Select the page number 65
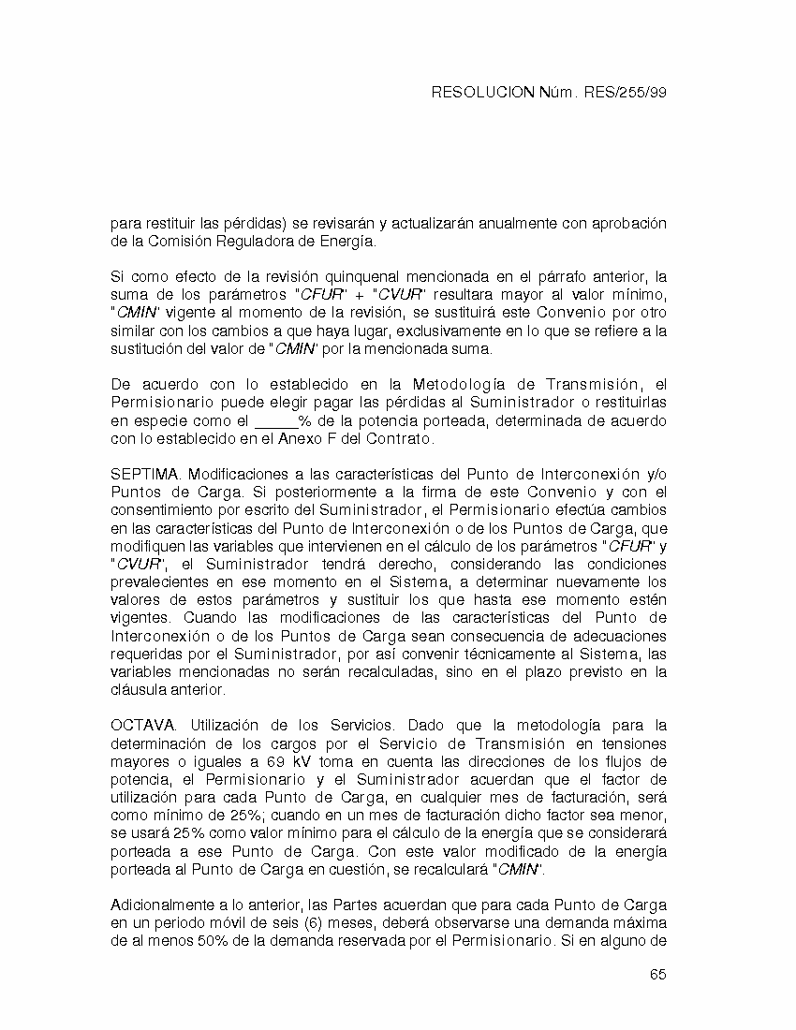point(657,975)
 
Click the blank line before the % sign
point(276,421)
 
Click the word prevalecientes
point(159,582)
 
